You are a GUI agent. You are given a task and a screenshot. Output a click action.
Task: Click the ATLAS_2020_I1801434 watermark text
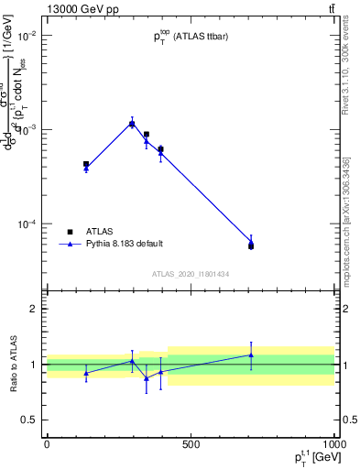[x=191, y=274]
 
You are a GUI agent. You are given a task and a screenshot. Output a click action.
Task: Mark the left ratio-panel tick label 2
[x=34, y=309]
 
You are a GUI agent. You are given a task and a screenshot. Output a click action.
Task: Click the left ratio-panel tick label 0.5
[x=30, y=420]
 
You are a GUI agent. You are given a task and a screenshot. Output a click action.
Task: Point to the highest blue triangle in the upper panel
[x=132, y=123]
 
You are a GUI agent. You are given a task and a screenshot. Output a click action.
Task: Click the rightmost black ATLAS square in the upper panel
[x=251, y=246]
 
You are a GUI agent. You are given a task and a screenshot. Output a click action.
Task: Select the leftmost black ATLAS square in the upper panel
[x=86, y=164]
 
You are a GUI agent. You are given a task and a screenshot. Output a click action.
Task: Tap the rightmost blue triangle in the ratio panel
[x=251, y=355]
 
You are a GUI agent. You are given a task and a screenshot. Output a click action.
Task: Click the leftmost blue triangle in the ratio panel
[x=86, y=373]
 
